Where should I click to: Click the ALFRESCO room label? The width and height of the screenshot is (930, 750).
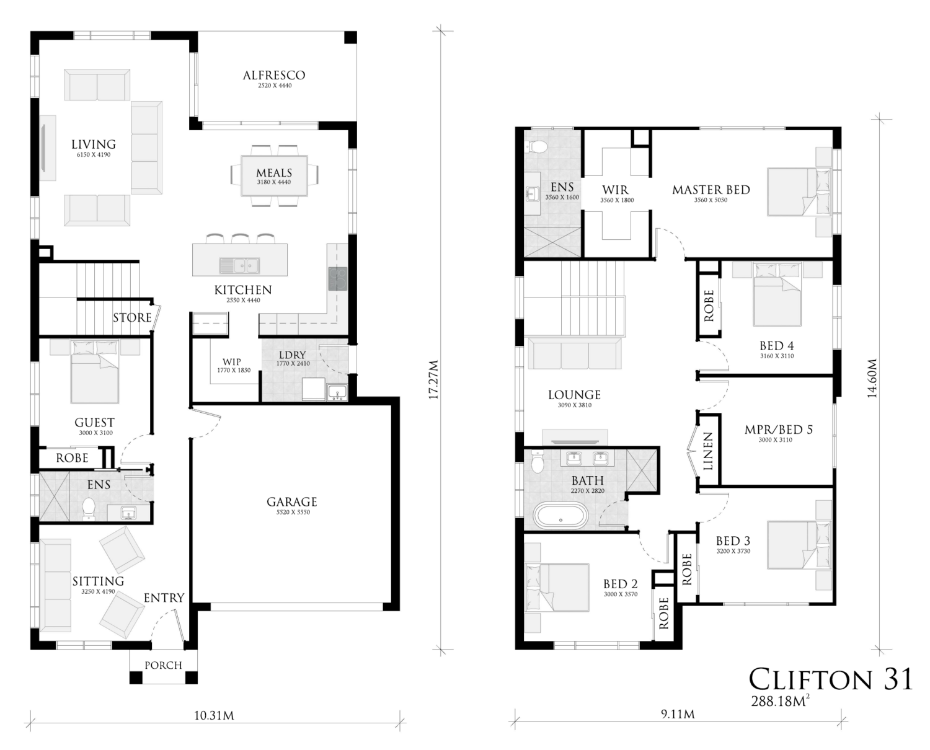274,76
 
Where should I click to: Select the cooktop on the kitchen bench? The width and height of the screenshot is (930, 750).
337,279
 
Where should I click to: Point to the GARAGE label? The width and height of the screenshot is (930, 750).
291,501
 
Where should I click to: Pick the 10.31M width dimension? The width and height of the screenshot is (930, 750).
214,716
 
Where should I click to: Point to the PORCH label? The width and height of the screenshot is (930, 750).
163,665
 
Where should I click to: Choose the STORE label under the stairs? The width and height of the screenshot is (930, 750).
132,318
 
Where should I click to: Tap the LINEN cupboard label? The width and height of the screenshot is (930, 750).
708,451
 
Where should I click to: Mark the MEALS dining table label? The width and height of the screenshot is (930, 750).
274,173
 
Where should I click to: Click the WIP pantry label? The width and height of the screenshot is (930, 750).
232,362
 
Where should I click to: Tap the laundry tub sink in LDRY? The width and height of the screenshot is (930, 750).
337,393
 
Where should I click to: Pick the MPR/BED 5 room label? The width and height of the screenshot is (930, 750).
778,430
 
